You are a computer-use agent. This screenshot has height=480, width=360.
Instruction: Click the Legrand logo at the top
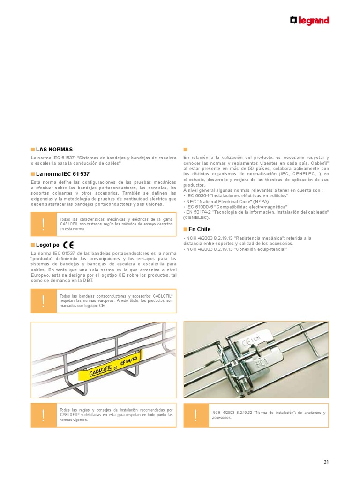coord(309,21)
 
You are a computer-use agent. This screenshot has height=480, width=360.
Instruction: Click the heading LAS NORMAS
coord(54,149)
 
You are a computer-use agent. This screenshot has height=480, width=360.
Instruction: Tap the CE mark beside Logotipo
coord(68,245)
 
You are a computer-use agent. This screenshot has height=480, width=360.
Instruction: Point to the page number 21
coord(326,462)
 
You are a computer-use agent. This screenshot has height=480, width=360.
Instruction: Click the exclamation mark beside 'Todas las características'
coord(43,224)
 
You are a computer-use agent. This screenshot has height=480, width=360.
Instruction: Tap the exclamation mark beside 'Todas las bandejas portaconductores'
coord(43,301)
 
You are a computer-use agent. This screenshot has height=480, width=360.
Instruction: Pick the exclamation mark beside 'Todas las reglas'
coord(43,415)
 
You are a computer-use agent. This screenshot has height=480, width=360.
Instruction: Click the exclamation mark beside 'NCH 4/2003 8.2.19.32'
coord(195,415)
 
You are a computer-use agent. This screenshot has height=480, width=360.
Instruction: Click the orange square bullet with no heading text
coord(185,150)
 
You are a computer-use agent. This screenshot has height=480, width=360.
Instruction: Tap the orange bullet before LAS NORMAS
coord(32,149)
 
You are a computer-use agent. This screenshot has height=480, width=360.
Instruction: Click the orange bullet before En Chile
coord(185,229)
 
